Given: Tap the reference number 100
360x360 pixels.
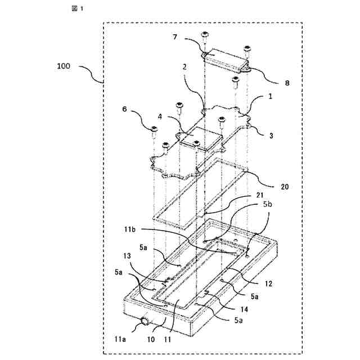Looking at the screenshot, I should coord(64,66).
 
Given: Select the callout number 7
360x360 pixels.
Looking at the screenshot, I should coord(175,37).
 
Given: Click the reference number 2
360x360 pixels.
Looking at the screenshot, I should coord(184,82).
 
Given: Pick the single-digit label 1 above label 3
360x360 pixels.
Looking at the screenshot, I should coord(270,96).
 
